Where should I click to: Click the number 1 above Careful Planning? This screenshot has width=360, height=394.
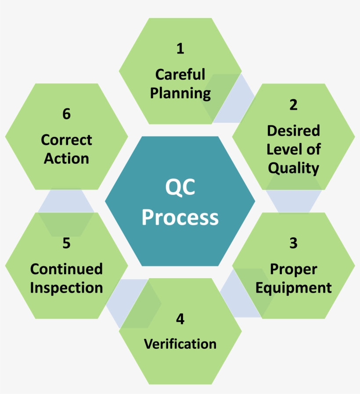(x=180, y=48)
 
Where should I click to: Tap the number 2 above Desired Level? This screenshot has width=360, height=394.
(x=293, y=105)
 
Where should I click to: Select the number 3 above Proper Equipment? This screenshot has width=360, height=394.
(x=293, y=243)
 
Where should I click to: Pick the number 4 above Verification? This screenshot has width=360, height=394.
(x=180, y=319)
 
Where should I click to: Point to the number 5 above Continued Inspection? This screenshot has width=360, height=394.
(x=66, y=243)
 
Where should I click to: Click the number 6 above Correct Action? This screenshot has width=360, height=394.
(x=66, y=114)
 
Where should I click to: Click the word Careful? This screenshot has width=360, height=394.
(x=180, y=74)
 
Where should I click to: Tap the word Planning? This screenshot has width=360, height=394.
(x=180, y=93)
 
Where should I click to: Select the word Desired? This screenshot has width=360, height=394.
(x=293, y=130)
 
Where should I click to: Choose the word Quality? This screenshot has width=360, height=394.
(x=293, y=168)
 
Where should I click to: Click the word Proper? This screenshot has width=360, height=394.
(x=293, y=269)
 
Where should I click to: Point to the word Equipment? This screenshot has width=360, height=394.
(x=293, y=288)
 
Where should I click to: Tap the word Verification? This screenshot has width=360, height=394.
(x=180, y=344)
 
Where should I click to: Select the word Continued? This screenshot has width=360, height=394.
(x=66, y=269)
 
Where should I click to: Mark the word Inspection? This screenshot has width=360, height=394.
(x=66, y=288)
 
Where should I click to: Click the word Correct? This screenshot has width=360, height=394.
(x=66, y=140)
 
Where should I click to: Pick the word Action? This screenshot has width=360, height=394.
(x=66, y=158)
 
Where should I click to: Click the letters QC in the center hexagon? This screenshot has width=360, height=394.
(x=180, y=188)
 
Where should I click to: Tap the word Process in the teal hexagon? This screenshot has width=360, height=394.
(x=180, y=217)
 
